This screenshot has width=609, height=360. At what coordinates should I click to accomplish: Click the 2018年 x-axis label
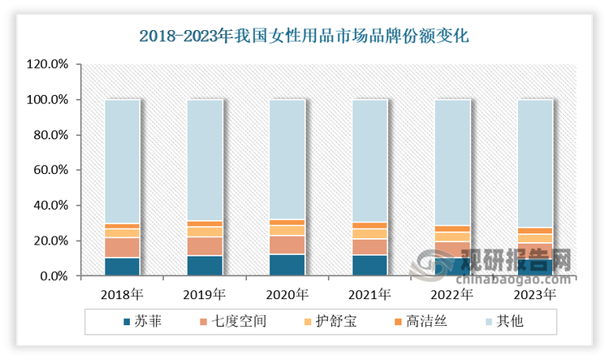(123, 293)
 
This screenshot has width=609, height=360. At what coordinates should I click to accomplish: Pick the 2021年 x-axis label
(369, 293)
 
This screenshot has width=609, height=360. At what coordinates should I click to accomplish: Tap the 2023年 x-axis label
(534, 293)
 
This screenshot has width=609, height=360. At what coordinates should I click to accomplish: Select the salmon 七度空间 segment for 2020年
(287, 245)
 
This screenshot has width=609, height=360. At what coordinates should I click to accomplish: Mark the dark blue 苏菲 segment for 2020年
(287, 266)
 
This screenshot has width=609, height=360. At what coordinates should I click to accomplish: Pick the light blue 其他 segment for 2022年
(452, 163)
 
